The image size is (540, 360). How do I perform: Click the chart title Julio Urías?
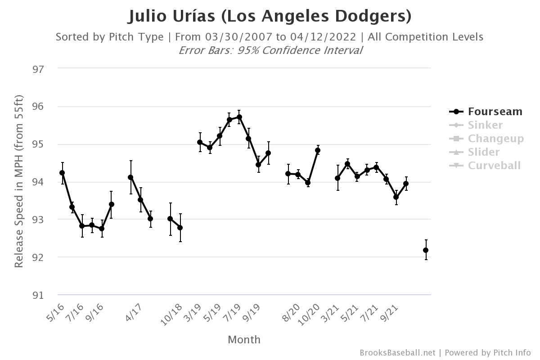[x=270, y=16]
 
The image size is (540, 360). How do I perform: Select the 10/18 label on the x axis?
[x=172, y=313]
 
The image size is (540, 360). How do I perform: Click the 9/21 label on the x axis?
[x=390, y=311]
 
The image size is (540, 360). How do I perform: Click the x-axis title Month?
[x=244, y=339]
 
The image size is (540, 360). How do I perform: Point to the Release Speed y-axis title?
[x=18, y=181]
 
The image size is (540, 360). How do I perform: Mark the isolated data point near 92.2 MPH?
[x=426, y=250]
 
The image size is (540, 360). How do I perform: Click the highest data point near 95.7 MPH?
[x=239, y=117]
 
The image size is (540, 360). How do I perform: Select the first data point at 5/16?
[x=62, y=173]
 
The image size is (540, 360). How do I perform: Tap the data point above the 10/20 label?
[x=318, y=150]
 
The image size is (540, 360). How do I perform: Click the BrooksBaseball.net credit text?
[x=397, y=353]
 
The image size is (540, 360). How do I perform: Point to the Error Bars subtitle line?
[x=270, y=50]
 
